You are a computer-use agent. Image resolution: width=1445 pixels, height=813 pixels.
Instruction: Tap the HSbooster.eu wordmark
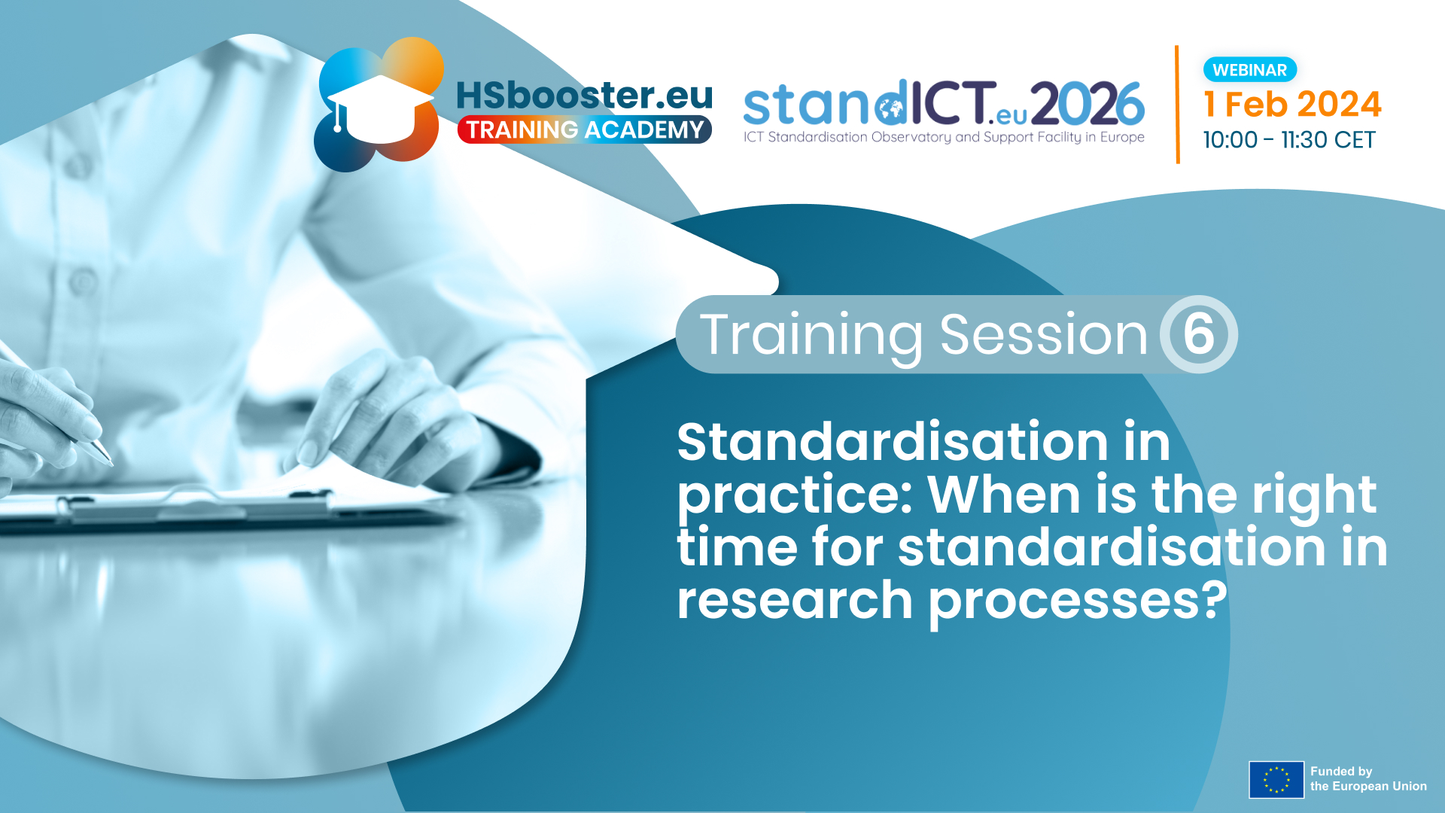584,96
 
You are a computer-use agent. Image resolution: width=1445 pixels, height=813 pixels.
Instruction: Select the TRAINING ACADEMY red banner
585,129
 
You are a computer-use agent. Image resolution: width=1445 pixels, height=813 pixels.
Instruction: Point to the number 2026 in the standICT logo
1088,104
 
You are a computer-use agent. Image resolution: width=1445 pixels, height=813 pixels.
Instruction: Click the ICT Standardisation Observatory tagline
944,137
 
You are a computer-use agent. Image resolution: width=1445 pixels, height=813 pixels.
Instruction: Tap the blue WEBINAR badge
1250,70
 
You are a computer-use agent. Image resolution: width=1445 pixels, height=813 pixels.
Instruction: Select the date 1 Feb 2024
1292,104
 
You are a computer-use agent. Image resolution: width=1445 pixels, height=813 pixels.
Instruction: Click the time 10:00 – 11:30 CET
1289,140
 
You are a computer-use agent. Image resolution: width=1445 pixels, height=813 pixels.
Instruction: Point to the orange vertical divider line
1177,105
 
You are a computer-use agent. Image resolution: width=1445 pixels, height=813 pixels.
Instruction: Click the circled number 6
1198,334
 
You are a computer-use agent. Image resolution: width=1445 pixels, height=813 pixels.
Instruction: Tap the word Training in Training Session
811,335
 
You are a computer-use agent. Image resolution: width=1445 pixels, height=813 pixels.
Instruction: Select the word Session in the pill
1044,334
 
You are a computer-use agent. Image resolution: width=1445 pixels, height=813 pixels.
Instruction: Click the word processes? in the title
1078,603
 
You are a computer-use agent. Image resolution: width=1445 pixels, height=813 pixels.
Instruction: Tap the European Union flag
1276,780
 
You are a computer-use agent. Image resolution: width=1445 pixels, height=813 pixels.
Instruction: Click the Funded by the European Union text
1368,779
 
